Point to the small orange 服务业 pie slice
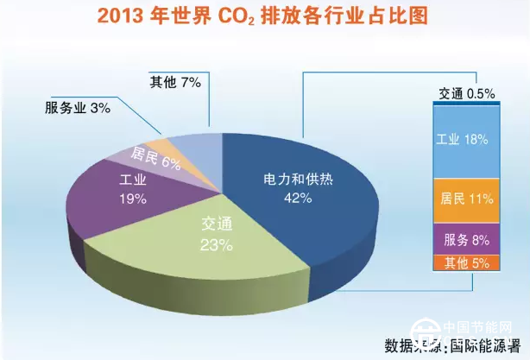pyautogui.click(x=159, y=142)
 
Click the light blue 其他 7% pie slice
pyautogui.click(x=194, y=148)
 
